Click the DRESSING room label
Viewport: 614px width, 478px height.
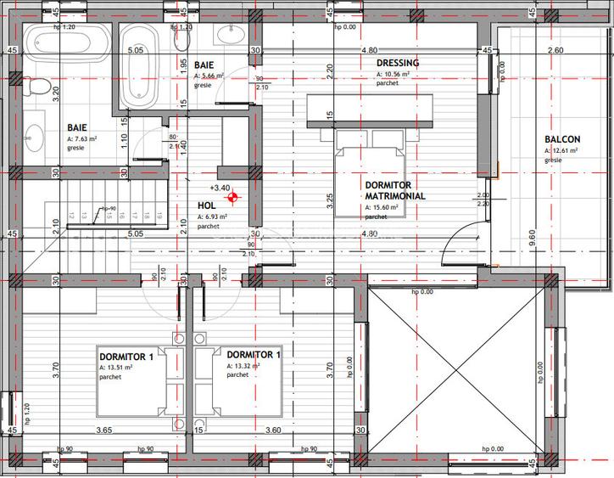coord(398,63)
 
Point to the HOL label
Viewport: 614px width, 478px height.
coord(206,205)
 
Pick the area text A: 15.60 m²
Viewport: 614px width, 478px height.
coord(386,207)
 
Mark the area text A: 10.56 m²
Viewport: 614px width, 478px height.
coord(394,75)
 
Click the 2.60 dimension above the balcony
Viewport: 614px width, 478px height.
coord(555,51)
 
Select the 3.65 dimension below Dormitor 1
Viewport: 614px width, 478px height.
coord(103,430)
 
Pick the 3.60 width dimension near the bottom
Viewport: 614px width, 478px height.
coord(273,430)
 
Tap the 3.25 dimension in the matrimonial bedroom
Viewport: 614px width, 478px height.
coord(330,201)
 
